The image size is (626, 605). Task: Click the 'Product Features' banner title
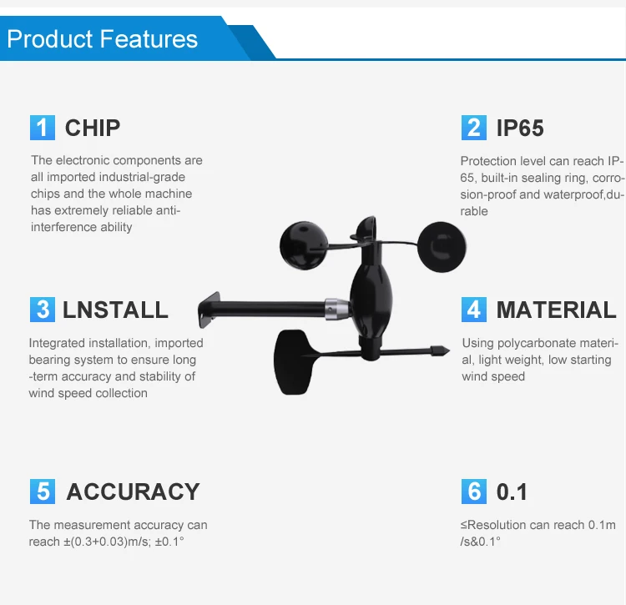(x=102, y=39)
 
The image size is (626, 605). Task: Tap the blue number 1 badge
(x=43, y=128)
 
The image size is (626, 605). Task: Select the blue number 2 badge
(x=474, y=128)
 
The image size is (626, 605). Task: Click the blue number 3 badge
(x=43, y=310)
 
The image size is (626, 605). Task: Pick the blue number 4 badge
(x=474, y=310)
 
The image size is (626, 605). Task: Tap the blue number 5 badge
(x=43, y=492)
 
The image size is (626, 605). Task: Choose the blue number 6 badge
(x=474, y=492)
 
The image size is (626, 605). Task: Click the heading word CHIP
(x=93, y=129)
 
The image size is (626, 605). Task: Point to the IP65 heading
(x=520, y=129)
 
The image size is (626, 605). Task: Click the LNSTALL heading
(x=115, y=310)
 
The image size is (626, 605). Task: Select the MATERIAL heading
(x=556, y=310)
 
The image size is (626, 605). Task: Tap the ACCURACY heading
(x=133, y=492)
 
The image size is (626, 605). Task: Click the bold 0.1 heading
(x=512, y=492)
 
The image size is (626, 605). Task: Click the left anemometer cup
(x=304, y=245)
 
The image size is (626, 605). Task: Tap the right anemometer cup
(x=442, y=247)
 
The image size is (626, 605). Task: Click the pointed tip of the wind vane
(x=449, y=350)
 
